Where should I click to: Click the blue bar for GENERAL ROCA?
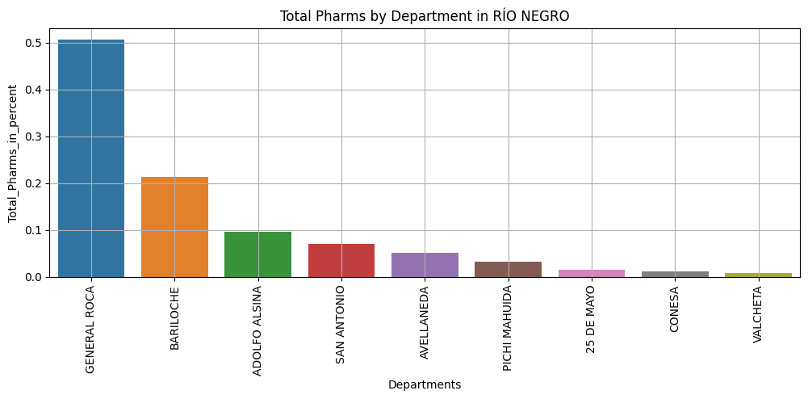coord(91,158)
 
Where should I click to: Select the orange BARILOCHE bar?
coord(174,227)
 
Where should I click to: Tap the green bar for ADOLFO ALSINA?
coord(258,254)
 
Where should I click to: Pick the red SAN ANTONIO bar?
coord(341,261)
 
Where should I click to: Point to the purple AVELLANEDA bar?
coord(425,265)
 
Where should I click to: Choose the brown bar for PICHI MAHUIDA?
coord(509,270)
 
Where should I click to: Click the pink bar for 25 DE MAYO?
coord(592,274)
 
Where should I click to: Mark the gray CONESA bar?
coord(676,275)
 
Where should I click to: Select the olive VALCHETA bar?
coord(759,275)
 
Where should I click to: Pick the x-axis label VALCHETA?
coord(758,314)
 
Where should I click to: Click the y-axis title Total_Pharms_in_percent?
coord(13,153)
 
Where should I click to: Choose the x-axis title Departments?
coord(425,384)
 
